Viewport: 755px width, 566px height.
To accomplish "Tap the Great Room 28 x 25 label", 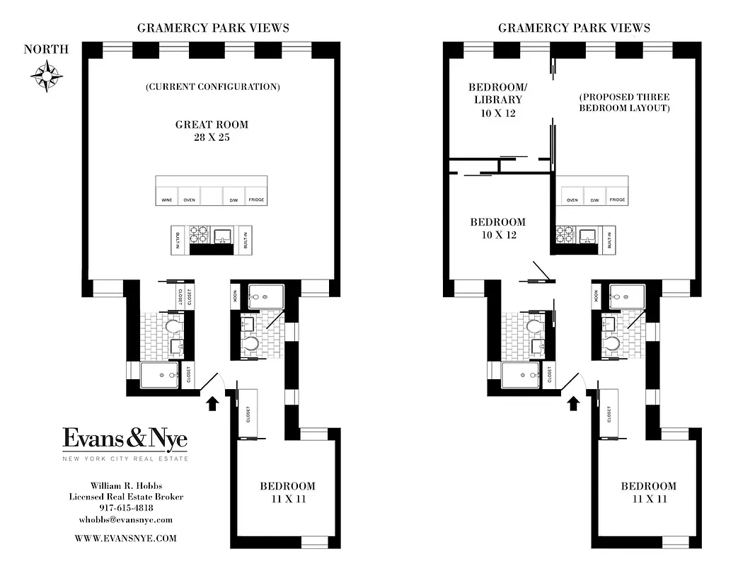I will (x=212, y=131).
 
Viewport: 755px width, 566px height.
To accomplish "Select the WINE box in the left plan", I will (x=167, y=200).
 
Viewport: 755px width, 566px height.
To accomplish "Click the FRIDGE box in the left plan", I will (x=256, y=200).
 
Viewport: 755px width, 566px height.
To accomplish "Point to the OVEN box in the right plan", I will (x=572, y=200).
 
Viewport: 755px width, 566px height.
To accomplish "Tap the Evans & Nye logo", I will (x=125, y=439).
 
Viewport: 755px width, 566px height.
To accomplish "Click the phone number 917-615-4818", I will (x=125, y=508).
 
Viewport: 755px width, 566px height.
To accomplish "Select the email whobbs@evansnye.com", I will (x=125, y=520).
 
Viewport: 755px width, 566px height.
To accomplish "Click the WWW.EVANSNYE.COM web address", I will (x=125, y=538).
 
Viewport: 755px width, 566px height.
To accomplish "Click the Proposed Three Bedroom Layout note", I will (x=624, y=102).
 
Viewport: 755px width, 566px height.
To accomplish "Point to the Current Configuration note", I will (x=212, y=87).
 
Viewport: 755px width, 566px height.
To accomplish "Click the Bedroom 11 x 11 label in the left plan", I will (x=287, y=492).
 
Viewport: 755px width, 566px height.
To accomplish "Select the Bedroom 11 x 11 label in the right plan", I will (x=649, y=492).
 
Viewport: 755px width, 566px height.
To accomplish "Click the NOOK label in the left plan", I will (x=234, y=295).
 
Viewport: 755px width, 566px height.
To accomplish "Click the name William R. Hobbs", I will (x=125, y=485).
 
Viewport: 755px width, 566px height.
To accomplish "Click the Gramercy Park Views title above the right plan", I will (x=574, y=28).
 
